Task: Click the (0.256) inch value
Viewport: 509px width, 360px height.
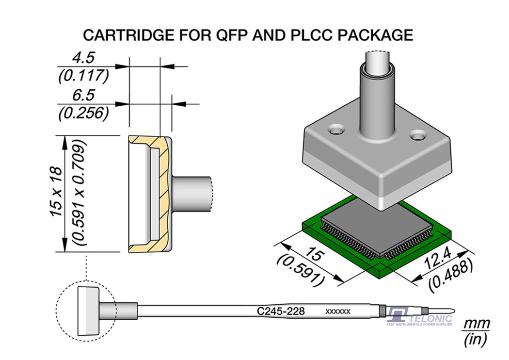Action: (83, 113)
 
